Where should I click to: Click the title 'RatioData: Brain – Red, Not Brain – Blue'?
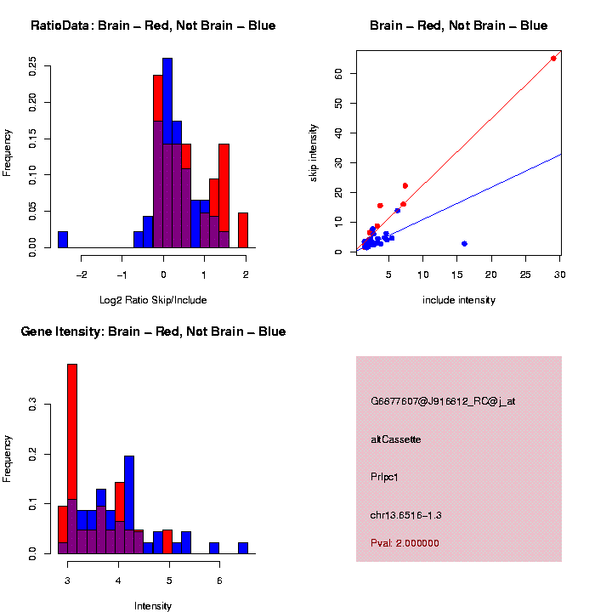pos(153,25)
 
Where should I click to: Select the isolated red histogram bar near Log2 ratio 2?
pos(242,229)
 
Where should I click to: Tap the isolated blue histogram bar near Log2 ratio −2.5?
pos(62,239)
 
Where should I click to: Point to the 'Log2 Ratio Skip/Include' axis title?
pos(153,299)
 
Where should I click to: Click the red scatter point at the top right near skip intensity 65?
pos(553,59)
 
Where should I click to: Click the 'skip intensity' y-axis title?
pos(314,150)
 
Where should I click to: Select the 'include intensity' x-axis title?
pos(459,299)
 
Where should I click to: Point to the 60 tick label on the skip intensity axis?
pos(337,74)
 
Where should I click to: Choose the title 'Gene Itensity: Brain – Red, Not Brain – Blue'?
pos(153,331)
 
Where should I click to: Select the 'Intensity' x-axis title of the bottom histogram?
pos(153,606)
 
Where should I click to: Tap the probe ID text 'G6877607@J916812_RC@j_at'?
pos(443,401)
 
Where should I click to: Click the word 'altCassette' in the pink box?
pos(396,439)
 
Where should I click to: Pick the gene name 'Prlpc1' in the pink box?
pos(385,477)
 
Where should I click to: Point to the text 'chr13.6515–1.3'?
pos(406,515)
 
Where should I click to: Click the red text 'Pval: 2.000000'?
pos(405,543)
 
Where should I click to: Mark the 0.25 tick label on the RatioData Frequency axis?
pos(31,66)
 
